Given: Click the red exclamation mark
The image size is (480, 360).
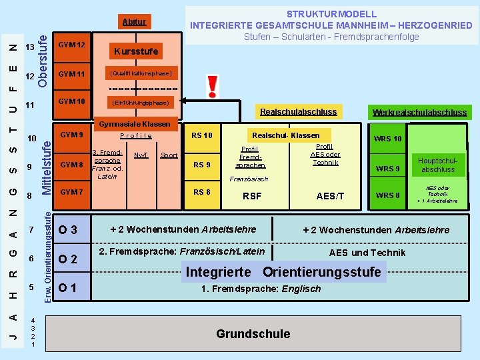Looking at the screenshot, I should (213, 85).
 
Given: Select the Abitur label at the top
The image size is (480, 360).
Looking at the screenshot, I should (134, 22).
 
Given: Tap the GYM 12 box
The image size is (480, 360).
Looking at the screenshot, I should (71, 45).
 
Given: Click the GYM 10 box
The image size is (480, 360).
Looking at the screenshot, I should (71, 102).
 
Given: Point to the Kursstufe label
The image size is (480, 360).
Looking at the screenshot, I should (135, 51).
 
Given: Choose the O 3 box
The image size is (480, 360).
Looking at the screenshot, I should (68, 230).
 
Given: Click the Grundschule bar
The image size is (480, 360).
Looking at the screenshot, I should (253, 333).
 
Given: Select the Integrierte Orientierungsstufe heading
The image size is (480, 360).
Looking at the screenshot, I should (283, 271).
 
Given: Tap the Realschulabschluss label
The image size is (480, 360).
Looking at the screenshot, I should (298, 111).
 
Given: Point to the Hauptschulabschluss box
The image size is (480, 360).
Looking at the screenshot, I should (438, 165).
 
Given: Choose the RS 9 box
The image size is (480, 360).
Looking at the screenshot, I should (201, 165).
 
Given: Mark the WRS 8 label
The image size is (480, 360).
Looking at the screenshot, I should (388, 195).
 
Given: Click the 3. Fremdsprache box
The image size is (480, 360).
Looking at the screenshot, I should (107, 164).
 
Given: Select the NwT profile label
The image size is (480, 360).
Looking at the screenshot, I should (141, 155).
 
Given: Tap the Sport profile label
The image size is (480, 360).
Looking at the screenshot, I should (169, 155).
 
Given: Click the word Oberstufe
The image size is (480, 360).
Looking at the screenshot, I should (42, 53).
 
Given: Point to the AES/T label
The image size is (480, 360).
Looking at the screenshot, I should (330, 196).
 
